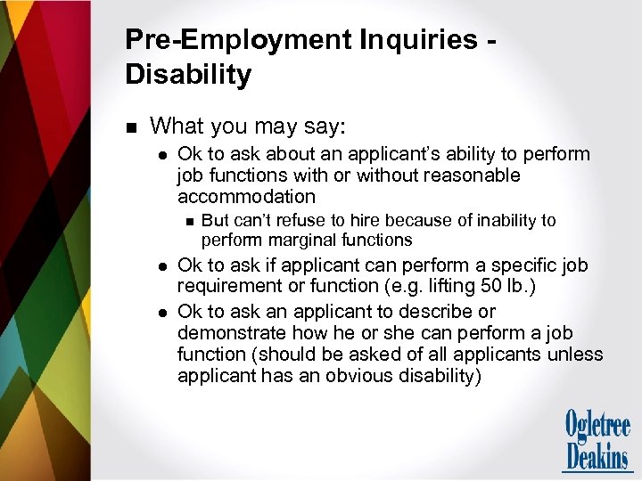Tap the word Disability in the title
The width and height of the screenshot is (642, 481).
(188, 74)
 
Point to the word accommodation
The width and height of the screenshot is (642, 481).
(246, 196)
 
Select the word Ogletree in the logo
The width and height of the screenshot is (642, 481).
(597, 424)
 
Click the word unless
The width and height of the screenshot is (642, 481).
(578, 355)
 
